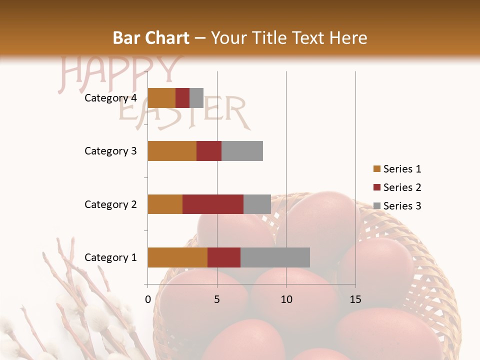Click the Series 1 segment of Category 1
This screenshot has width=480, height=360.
point(177,257)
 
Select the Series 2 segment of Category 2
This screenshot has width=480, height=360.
point(212,204)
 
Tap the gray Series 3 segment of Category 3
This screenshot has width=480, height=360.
point(242,151)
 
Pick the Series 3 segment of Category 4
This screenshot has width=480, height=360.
point(196,98)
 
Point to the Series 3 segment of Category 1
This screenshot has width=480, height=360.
point(275,257)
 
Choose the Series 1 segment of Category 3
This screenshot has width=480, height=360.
point(171,151)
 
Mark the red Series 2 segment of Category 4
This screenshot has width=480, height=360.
point(182,98)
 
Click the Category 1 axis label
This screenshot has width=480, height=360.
point(110,257)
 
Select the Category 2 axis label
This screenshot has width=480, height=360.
point(110,204)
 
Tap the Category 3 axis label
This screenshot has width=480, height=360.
point(110,151)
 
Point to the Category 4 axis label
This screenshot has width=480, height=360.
point(110,98)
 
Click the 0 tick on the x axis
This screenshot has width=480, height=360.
point(148,299)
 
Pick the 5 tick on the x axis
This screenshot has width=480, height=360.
point(217,299)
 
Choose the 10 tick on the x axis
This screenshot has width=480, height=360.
point(286,299)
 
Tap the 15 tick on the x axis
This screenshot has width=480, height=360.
point(355,299)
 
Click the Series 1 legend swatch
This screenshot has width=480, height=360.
point(376,169)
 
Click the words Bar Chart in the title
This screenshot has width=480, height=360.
point(150,38)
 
